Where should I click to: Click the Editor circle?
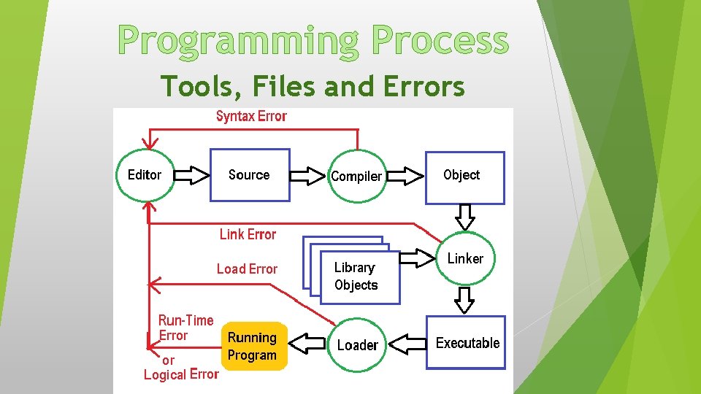point(145,175)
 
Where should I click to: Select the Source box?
point(250,175)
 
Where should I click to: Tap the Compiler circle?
point(356,176)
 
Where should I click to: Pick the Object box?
point(465,177)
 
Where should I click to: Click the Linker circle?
point(465,258)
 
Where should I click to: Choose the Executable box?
point(466,342)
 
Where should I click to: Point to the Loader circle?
point(357,344)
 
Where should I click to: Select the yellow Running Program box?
point(253,347)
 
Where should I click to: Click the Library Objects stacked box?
point(356,275)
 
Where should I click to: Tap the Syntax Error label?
point(251,116)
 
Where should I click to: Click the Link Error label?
point(248,234)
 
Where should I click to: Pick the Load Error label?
point(247,269)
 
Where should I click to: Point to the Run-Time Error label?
point(185,328)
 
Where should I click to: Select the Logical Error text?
point(181,374)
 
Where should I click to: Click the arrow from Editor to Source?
point(193,175)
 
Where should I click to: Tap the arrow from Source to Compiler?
point(308,175)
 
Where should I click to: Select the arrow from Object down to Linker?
point(465,216)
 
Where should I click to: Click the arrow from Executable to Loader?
point(406,343)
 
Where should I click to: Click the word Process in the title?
point(440,42)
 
